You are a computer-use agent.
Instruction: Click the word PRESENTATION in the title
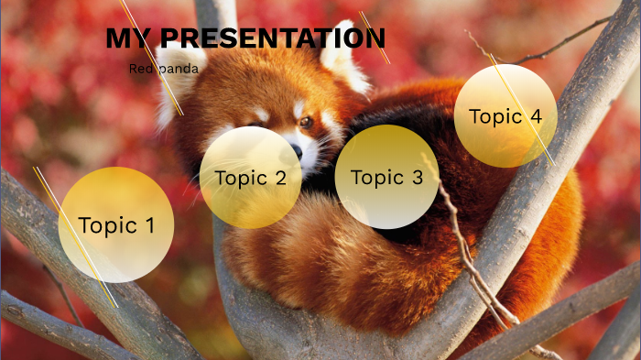271,38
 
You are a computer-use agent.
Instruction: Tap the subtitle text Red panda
163,69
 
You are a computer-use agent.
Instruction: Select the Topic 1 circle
115,224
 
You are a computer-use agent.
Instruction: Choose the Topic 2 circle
251,177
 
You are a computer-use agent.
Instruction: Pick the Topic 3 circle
386,177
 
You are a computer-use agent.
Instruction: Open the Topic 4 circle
505,116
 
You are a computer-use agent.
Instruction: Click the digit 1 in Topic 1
149,225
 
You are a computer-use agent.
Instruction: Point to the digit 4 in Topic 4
536,116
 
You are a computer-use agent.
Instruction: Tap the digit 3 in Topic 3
418,178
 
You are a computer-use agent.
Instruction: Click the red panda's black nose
296,152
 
